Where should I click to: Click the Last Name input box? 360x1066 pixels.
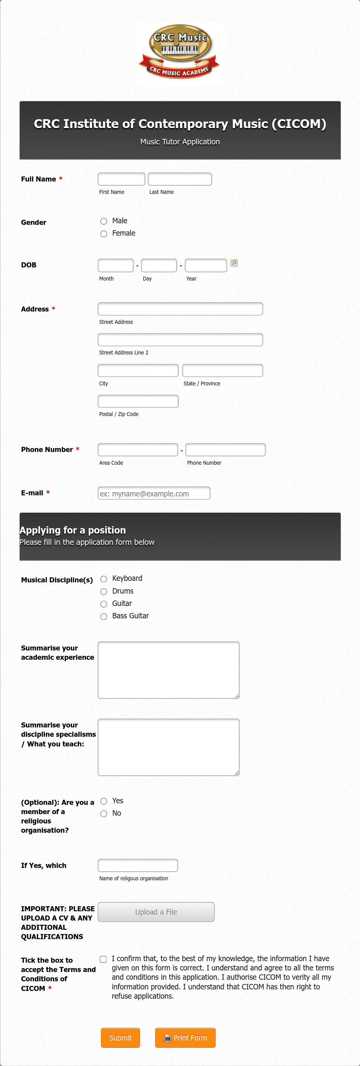tap(180, 179)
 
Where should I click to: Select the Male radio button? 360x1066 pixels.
tap(104, 221)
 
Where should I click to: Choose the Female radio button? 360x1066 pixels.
tap(104, 234)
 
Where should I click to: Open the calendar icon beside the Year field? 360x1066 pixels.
tap(234, 263)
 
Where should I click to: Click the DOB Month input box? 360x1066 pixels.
tap(115, 265)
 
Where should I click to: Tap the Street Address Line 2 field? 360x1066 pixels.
tap(180, 340)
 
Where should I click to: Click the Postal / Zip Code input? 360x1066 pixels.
tap(138, 401)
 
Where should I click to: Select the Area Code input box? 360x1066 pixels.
tap(138, 450)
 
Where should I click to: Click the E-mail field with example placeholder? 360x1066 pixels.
tap(154, 493)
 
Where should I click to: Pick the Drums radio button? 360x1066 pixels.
tap(104, 592)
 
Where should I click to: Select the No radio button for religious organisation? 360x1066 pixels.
tap(104, 814)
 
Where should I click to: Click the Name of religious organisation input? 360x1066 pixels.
tap(138, 865)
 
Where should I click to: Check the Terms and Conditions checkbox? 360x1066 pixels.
tap(103, 959)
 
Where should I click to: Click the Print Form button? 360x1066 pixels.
tap(185, 1037)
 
